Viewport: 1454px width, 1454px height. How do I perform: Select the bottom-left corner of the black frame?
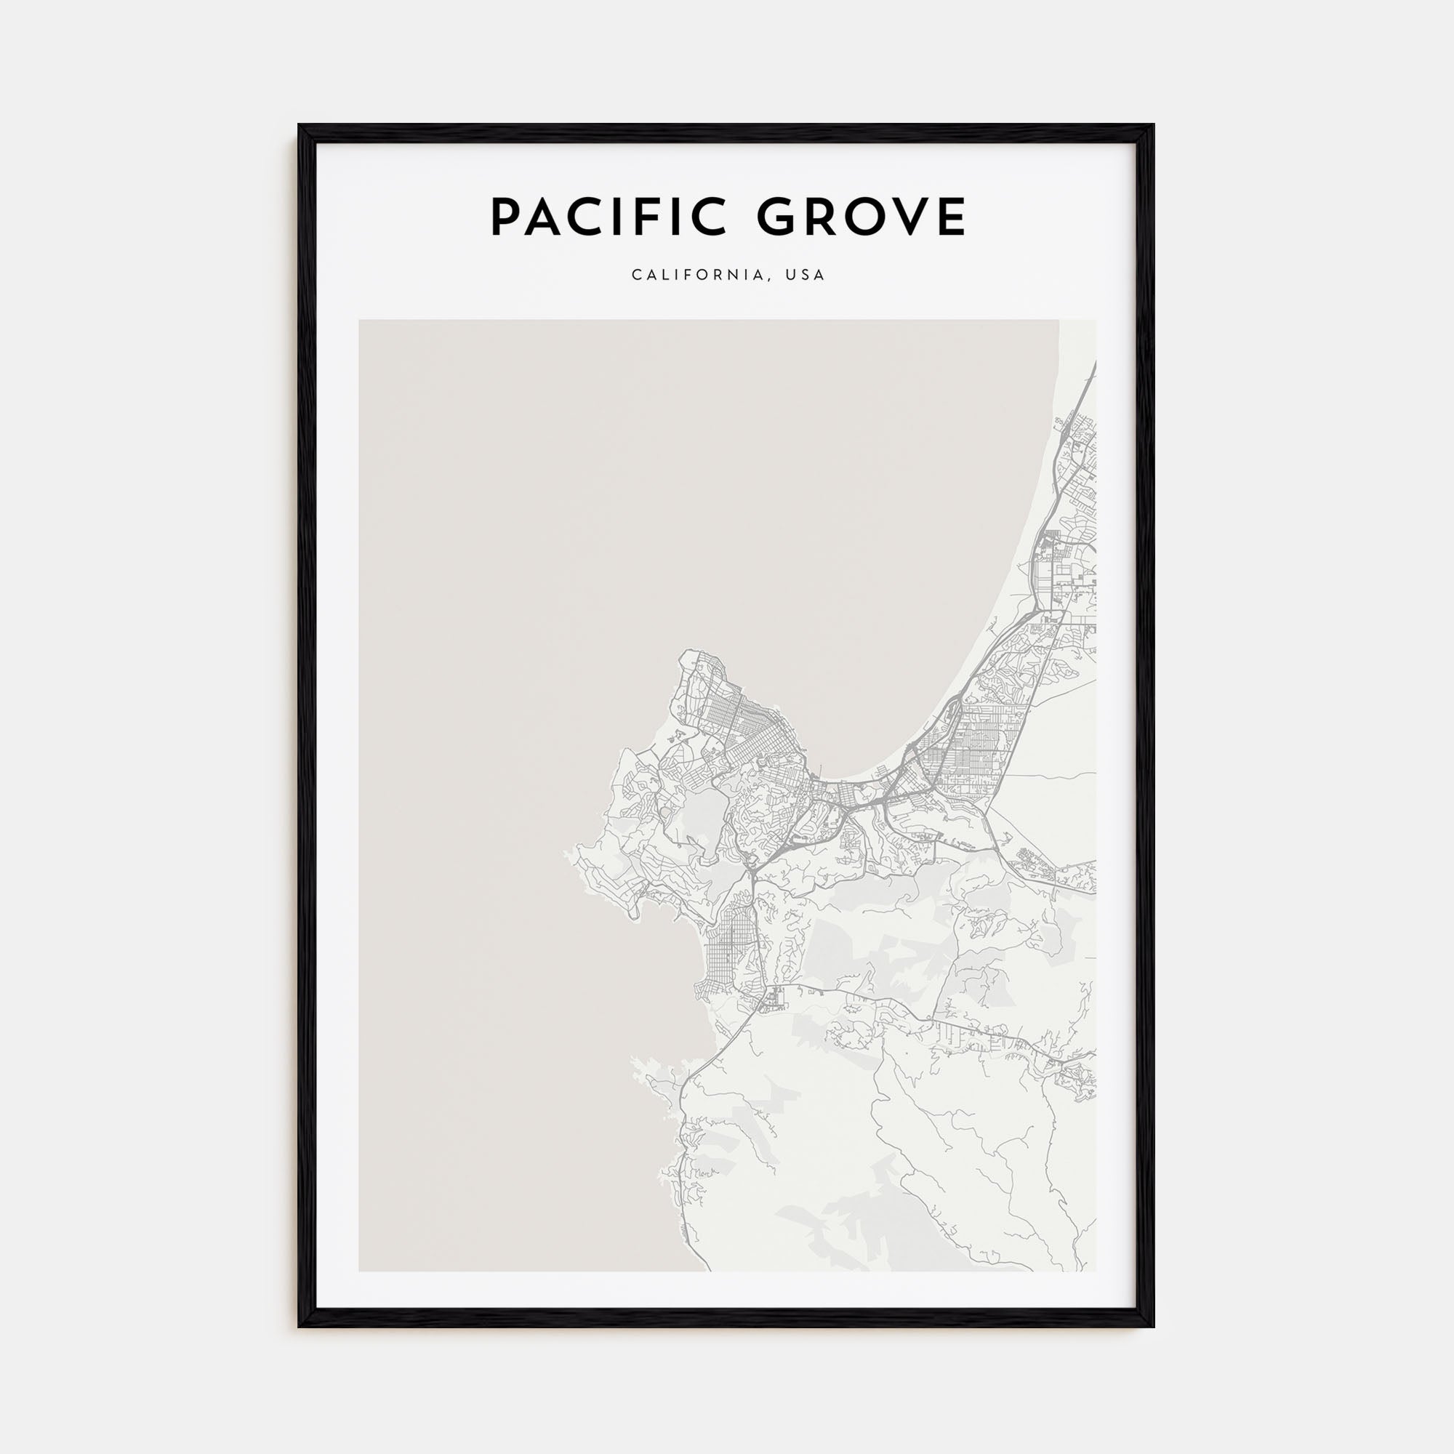pos(300,1325)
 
